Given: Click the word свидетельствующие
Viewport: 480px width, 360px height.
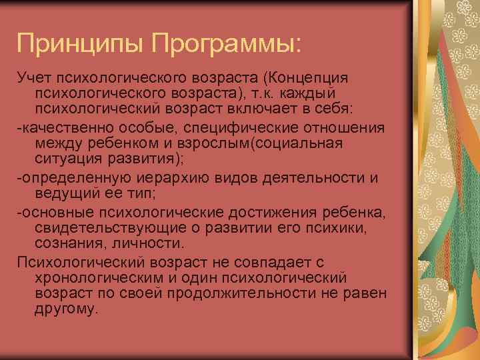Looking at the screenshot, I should (x=117, y=229).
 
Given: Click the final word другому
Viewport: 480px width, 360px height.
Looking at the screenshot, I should (x=65, y=309).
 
